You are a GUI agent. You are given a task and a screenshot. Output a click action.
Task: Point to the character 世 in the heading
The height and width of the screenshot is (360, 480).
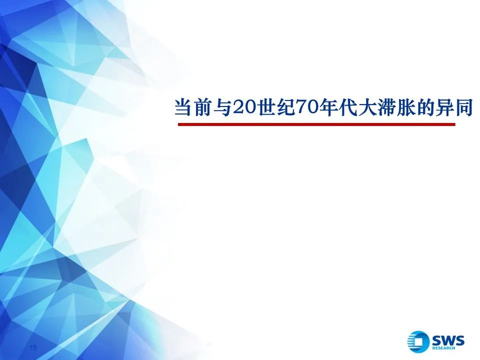[267, 107]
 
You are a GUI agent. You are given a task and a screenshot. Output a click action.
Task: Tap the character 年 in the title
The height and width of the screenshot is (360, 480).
[328, 107]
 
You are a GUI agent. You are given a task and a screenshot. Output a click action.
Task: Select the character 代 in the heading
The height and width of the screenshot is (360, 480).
[348, 107]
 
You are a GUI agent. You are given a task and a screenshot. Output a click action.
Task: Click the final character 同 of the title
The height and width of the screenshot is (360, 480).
[464, 107]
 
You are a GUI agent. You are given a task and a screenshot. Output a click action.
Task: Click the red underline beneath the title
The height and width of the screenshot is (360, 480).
[316, 124]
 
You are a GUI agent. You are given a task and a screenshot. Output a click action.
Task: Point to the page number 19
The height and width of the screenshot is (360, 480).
[33, 347]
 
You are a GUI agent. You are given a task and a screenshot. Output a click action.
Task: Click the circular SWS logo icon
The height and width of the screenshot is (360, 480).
[418, 341]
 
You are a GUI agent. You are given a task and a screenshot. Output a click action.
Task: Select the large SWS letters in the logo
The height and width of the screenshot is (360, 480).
[448, 340]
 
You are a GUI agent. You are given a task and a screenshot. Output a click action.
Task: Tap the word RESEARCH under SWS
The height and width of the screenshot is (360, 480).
[444, 348]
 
